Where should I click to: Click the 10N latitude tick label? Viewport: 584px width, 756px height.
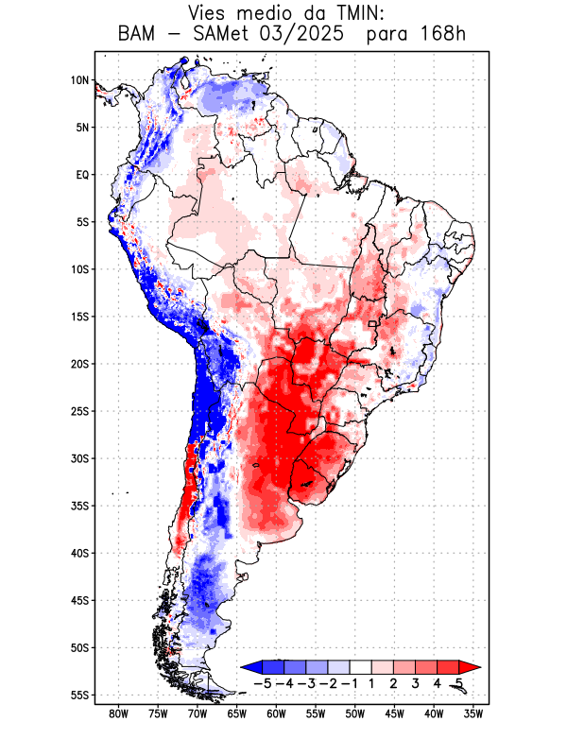click(x=80, y=80)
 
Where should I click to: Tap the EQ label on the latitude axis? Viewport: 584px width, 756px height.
click(x=82, y=175)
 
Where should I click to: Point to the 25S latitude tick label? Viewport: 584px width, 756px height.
click(x=80, y=411)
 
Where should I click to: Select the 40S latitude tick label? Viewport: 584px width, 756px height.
click(x=80, y=553)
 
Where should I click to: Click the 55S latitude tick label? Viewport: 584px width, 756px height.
click(x=80, y=695)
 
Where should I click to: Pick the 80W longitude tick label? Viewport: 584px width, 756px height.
click(x=119, y=713)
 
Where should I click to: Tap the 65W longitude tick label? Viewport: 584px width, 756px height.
click(x=237, y=713)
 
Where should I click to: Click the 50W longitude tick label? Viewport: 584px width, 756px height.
click(x=355, y=713)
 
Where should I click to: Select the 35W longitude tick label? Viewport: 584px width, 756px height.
click(x=473, y=713)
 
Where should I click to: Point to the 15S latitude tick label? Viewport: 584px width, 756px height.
click(x=80, y=317)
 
